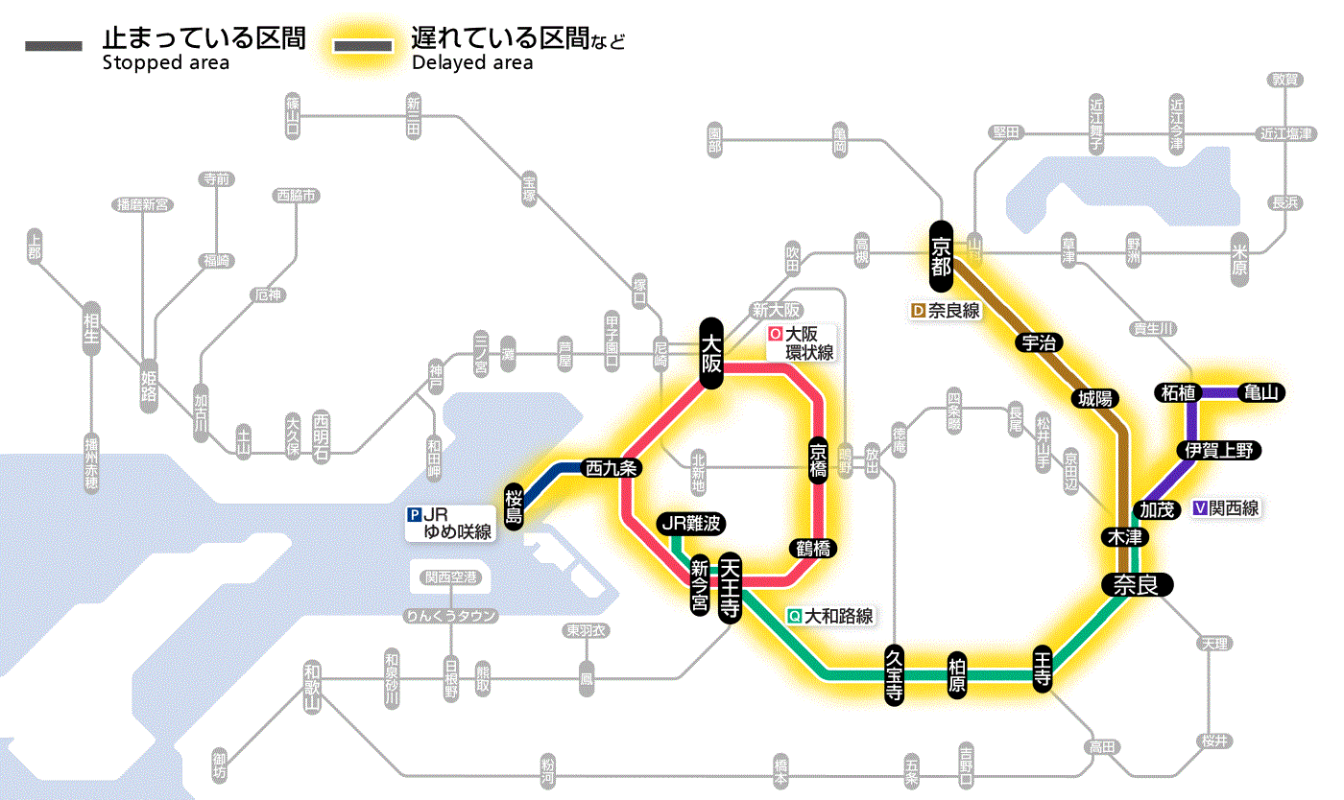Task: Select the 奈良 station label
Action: pyautogui.click(x=1136, y=585)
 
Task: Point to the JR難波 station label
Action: pyautogui.click(x=690, y=524)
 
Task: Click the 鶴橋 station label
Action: pyautogui.click(x=811, y=549)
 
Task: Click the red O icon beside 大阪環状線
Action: pyautogui.click(x=776, y=335)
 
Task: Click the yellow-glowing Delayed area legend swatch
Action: pyautogui.click(x=363, y=46)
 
